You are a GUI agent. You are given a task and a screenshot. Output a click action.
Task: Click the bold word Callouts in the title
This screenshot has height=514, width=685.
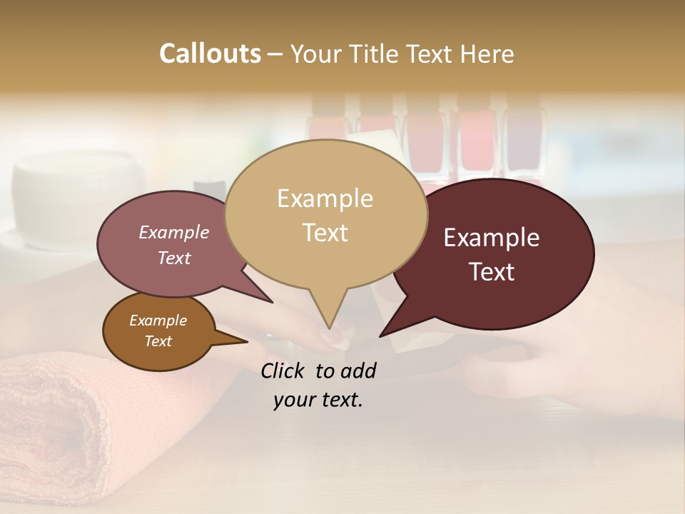point(210,54)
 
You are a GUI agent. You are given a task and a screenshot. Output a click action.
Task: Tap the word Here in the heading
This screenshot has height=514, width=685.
point(485,54)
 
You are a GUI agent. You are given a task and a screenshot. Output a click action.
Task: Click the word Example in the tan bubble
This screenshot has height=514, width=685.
point(325,198)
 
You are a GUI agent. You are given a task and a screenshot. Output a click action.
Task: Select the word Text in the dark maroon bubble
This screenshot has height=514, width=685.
point(492,272)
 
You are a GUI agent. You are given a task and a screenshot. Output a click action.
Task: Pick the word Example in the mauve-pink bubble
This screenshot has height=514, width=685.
point(174,232)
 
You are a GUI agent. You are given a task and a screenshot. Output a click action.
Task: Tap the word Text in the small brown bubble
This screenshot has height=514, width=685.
point(158,341)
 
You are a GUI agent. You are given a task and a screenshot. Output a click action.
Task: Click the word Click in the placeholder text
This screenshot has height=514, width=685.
point(283,371)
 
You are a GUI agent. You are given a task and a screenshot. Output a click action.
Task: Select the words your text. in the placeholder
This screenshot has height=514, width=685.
point(318,400)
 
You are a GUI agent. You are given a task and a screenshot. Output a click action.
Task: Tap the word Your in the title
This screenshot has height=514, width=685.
point(314,54)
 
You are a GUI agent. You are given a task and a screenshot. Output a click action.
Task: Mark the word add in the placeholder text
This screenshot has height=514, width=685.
point(359,371)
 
